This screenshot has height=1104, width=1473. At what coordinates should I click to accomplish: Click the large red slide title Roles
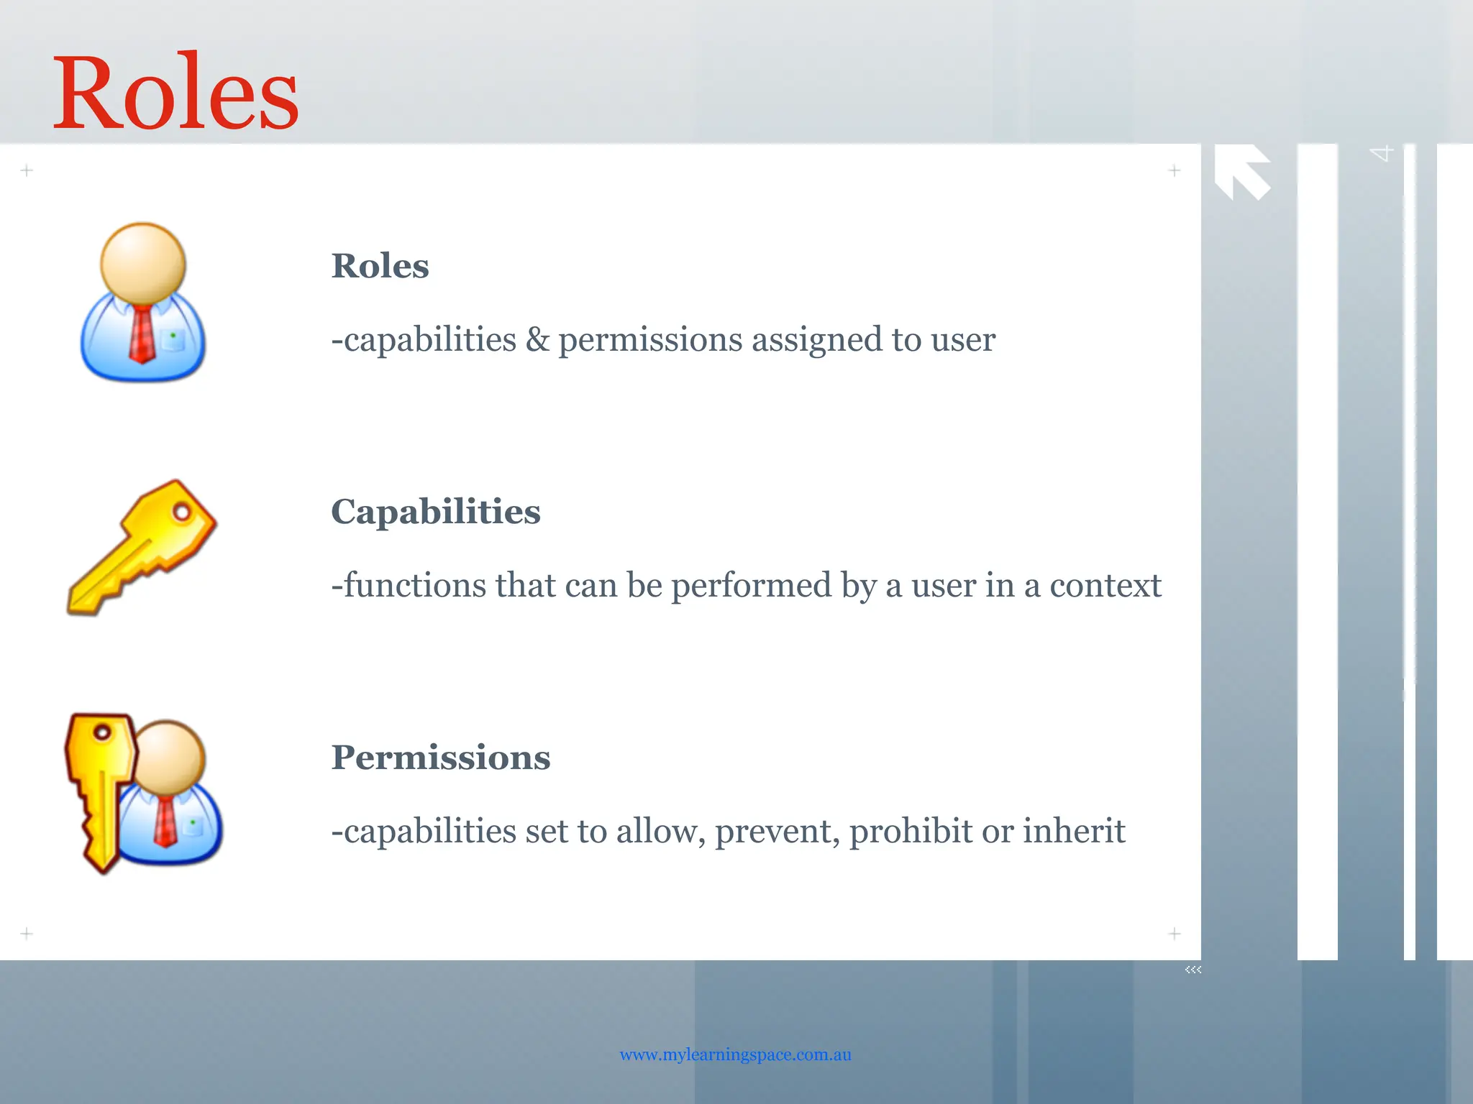coord(175,93)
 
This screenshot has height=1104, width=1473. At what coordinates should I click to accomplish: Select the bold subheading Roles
coord(380,266)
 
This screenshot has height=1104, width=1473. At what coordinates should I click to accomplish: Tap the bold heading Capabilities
coord(435,512)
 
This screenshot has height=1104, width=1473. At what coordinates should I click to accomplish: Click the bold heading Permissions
coord(440,758)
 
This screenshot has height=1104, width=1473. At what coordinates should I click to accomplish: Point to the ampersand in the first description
coord(537,339)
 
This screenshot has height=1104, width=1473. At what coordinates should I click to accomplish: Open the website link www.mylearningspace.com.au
coord(735,1054)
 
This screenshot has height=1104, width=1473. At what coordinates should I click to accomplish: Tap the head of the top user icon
coord(143,262)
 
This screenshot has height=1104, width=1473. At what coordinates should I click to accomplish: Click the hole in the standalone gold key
coord(182,512)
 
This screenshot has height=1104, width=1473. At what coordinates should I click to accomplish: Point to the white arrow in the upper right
coord(1242,171)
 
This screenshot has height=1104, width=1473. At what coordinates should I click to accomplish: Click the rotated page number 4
coord(1382,153)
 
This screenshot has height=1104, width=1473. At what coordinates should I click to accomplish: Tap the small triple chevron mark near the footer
coord(1192,970)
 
